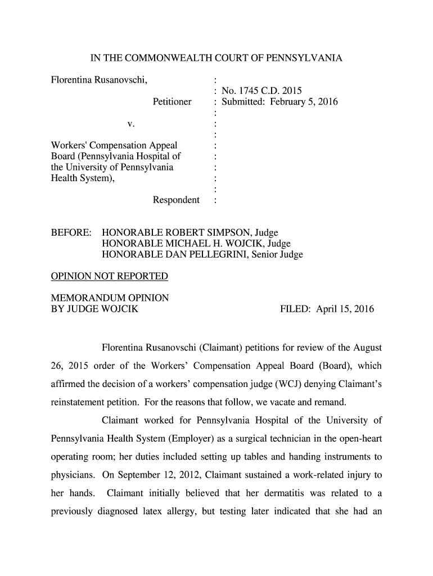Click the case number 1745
tap(248, 91)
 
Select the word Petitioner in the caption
tap(172, 102)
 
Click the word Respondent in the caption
tap(176, 200)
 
